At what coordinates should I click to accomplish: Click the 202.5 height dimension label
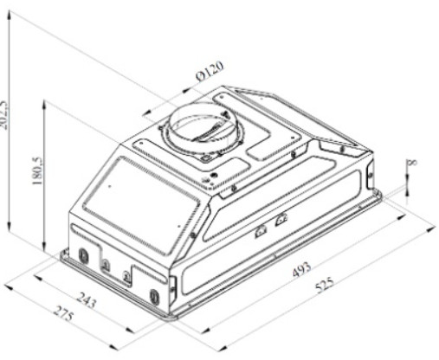(x=4, y=114)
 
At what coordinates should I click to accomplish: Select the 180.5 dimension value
(x=39, y=171)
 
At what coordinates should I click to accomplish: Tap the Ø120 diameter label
(x=210, y=71)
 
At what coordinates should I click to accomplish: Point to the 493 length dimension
(x=302, y=269)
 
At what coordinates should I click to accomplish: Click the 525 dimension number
(x=325, y=285)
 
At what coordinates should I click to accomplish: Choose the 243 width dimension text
(x=87, y=300)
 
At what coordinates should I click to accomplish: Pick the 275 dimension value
(x=64, y=313)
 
